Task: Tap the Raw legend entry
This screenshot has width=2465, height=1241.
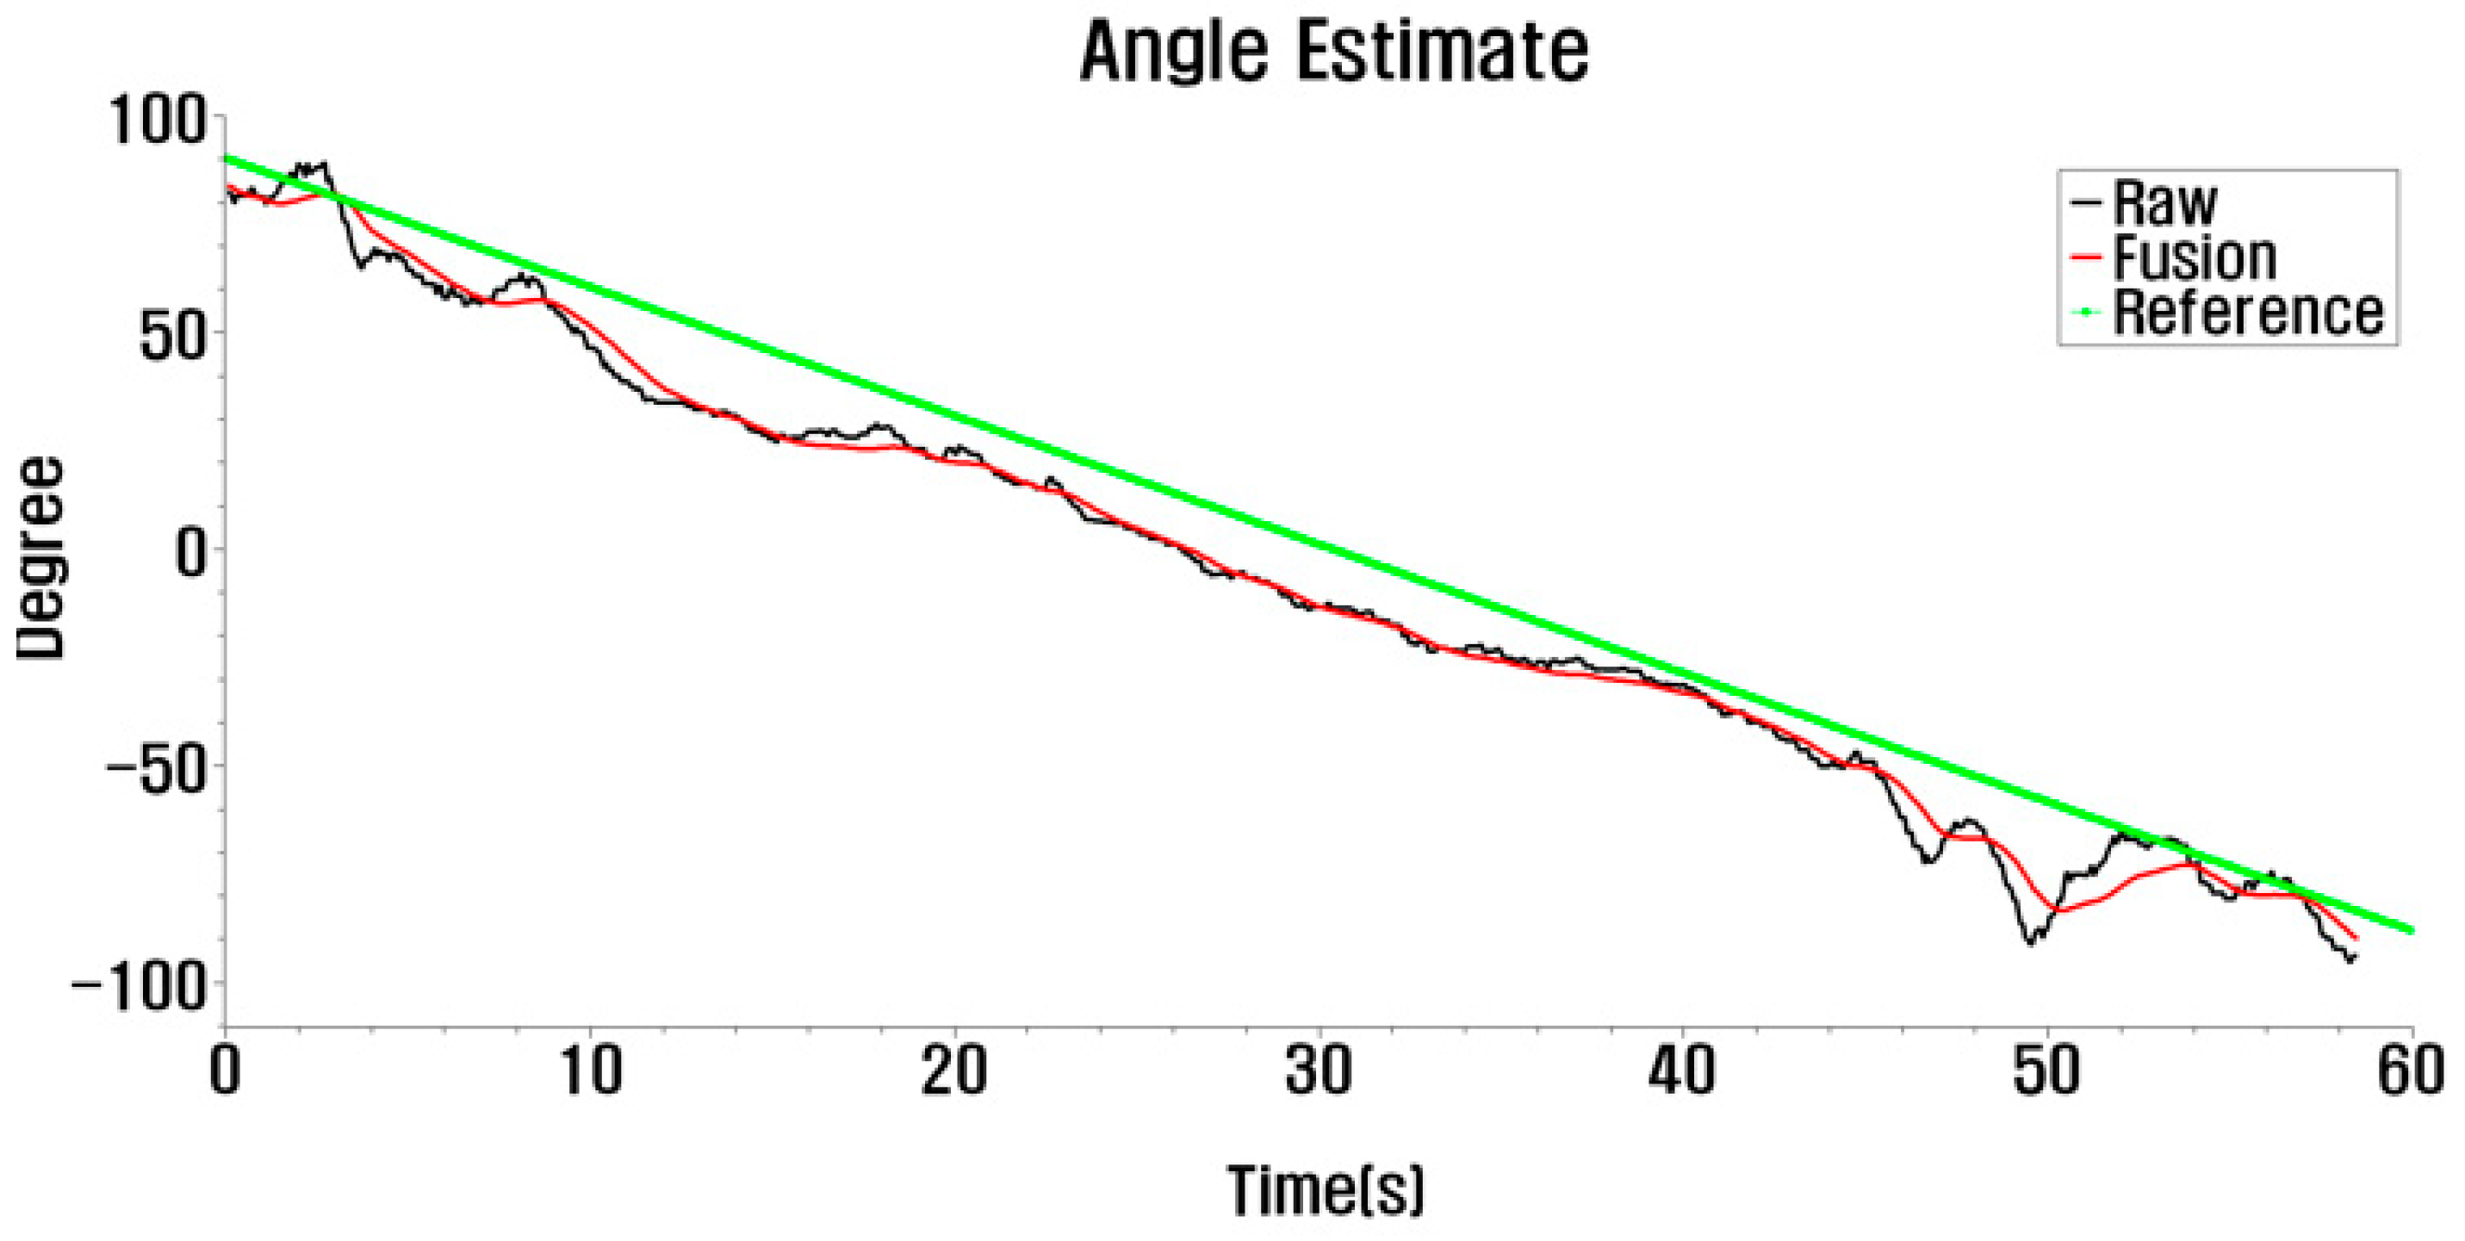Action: (2164, 203)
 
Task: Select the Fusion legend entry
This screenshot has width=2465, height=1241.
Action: (2193, 258)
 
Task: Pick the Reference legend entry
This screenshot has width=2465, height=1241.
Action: (2247, 313)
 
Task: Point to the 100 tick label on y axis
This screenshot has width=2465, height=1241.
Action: (158, 121)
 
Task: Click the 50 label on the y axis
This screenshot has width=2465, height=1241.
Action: (173, 336)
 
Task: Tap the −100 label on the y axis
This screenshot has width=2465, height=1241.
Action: (140, 985)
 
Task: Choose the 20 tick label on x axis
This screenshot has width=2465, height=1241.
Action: (954, 1071)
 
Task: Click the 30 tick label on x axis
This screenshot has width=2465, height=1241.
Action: (1319, 1071)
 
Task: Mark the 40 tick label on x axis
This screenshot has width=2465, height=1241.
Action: (1682, 1071)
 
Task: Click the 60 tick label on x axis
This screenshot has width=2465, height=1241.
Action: (2411, 1071)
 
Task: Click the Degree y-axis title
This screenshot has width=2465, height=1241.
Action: (41, 558)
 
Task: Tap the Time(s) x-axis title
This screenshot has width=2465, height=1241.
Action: (1326, 1190)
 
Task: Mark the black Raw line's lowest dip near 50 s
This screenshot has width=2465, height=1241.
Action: (2029, 942)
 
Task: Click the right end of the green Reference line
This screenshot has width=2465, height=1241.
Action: (2412, 930)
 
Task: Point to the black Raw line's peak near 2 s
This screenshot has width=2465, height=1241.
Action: (324, 164)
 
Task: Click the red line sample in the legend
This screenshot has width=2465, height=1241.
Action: (2085, 258)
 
